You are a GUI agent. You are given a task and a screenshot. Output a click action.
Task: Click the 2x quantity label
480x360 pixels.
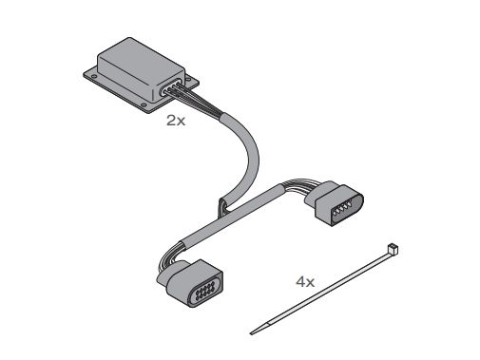[x=176, y=121]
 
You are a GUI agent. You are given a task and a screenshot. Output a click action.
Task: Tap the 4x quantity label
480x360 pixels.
[x=305, y=281]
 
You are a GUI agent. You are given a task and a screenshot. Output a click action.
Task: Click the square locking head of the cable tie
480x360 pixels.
[x=393, y=249]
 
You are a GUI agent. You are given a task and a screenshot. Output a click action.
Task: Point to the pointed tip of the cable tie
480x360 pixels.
[x=251, y=333]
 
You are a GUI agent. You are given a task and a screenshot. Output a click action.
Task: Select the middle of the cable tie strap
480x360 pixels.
[x=323, y=291]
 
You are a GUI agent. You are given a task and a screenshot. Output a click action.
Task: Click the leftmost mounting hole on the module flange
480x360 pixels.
[x=94, y=76]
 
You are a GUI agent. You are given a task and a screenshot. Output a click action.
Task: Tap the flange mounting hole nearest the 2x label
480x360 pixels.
[x=144, y=105]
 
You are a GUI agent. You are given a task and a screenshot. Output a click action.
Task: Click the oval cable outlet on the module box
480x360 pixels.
[x=171, y=87]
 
